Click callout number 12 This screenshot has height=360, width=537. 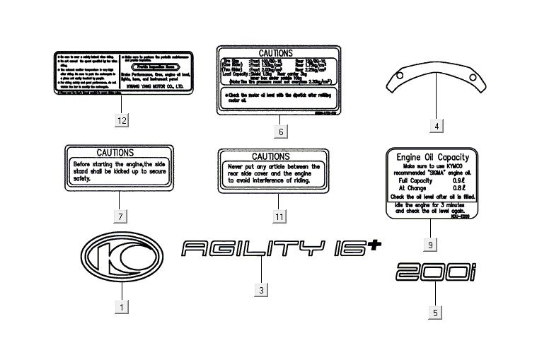122,120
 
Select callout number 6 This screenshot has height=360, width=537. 280,132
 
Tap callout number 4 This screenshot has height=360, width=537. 437,126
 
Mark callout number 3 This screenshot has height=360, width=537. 261,290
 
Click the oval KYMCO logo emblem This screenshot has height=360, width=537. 122,252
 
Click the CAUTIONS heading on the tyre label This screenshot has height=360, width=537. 281,53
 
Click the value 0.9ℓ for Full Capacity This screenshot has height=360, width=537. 458,182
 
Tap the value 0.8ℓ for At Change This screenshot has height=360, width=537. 458,189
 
